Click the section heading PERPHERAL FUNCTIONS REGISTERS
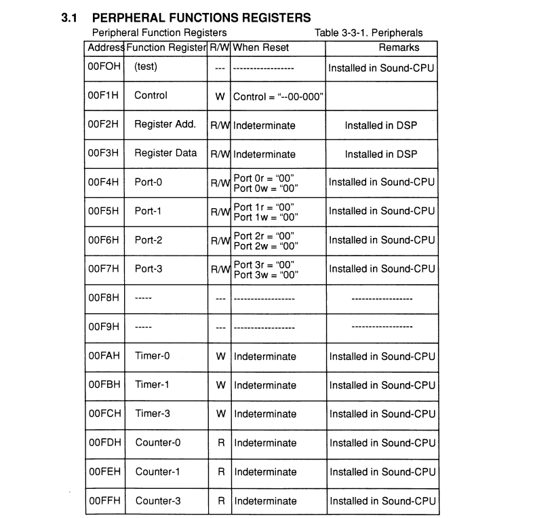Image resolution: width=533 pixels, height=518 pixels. coord(200,16)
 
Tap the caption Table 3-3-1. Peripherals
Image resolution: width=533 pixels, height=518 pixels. coord(368,33)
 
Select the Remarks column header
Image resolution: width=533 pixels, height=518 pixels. coord(399,47)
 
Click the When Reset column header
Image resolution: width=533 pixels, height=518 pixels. coord(261,47)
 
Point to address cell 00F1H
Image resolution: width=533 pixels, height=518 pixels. coord(103,96)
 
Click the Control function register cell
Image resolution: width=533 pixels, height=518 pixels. coord(151,96)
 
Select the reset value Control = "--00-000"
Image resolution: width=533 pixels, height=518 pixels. coord(277,97)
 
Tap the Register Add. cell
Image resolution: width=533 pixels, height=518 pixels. coord(165,125)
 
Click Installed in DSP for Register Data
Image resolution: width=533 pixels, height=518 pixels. coord(380,154)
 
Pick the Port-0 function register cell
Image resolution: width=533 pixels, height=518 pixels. coord(149,182)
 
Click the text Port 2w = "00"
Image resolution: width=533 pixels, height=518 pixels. coord(264,246)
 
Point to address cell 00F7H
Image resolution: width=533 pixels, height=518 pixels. coord(103,269)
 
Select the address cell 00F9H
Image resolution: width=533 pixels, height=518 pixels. coord(103,327)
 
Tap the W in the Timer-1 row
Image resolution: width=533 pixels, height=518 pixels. coord(220,385)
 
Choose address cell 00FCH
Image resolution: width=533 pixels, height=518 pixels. coord(103,414)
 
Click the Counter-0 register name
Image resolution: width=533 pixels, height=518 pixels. coord(158,443)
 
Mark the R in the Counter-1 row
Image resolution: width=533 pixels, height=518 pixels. coord(220,472)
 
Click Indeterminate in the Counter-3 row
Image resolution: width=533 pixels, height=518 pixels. coord(265,501)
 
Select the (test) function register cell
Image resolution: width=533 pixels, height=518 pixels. coord(146,67)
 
